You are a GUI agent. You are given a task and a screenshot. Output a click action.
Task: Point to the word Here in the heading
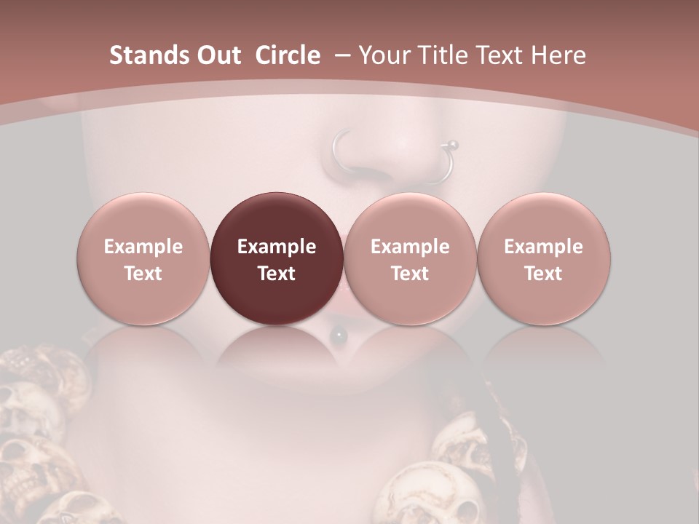(x=559, y=55)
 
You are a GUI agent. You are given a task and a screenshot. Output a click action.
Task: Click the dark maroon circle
(x=277, y=258)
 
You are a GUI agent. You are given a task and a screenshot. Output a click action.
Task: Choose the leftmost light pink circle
(x=143, y=258)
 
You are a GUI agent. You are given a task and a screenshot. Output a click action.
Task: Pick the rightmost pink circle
(x=543, y=258)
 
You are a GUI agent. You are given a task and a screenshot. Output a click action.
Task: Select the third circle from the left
(x=410, y=258)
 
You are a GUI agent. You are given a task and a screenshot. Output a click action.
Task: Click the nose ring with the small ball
(x=446, y=164)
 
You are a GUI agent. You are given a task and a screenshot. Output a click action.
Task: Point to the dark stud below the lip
(x=339, y=335)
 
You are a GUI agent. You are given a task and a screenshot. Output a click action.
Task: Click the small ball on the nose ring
(x=453, y=143)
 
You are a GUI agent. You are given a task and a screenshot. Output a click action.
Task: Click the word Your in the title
(x=383, y=55)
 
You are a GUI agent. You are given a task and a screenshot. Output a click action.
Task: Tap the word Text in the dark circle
(x=277, y=274)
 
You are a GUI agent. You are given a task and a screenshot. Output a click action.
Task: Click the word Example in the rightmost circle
(x=543, y=247)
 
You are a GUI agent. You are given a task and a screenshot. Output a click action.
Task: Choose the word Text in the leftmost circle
(x=143, y=274)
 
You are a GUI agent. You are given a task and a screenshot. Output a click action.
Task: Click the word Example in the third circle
(x=410, y=247)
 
